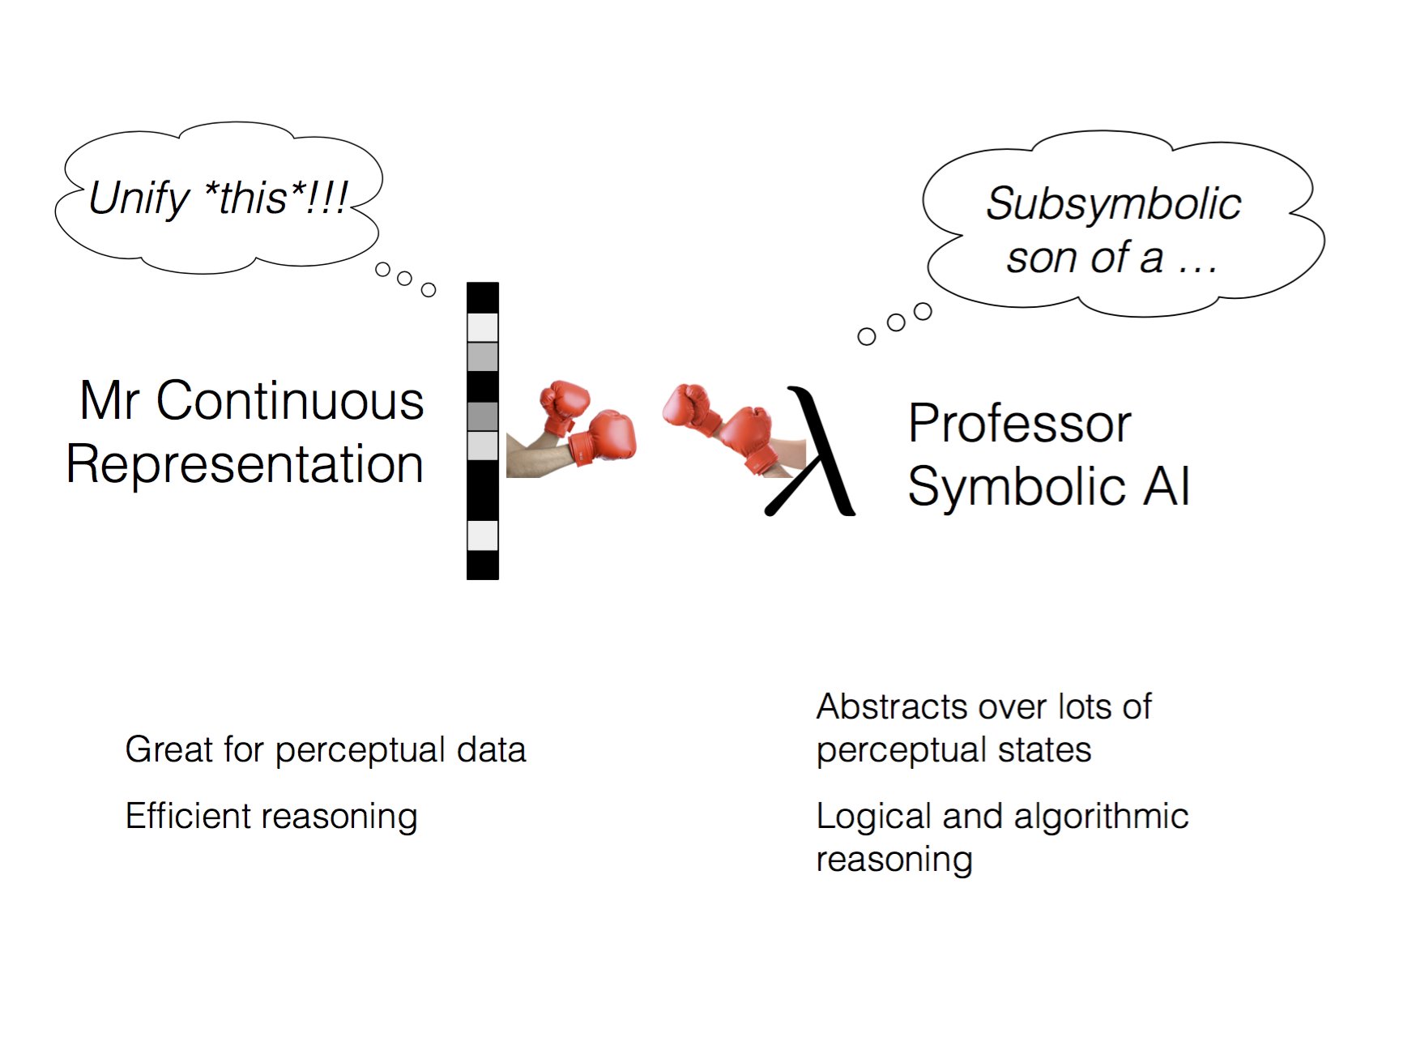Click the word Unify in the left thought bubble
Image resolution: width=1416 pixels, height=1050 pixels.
pyautogui.click(x=139, y=198)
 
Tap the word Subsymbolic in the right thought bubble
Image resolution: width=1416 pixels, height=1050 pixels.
pyautogui.click(x=1113, y=203)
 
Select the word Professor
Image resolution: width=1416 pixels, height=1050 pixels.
pyautogui.click(x=1019, y=424)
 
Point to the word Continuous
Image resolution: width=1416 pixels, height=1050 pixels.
pyautogui.click(x=290, y=400)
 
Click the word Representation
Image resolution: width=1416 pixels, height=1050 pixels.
pyautogui.click(x=245, y=464)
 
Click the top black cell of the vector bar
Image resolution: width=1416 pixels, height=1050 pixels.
pyautogui.click(x=483, y=297)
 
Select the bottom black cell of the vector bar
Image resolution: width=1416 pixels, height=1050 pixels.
pyautogui.click(x=483, y=565)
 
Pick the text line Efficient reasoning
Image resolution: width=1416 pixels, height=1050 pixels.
pyautogui.click(x=271, y=816)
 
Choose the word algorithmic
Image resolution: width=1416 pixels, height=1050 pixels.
pyautogui.click(x=1101, y=816)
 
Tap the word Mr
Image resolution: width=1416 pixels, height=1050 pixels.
pyautogui.click(x=110, y=400)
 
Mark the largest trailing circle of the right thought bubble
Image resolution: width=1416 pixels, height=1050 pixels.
pyautogui.click(x=923, y=311)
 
